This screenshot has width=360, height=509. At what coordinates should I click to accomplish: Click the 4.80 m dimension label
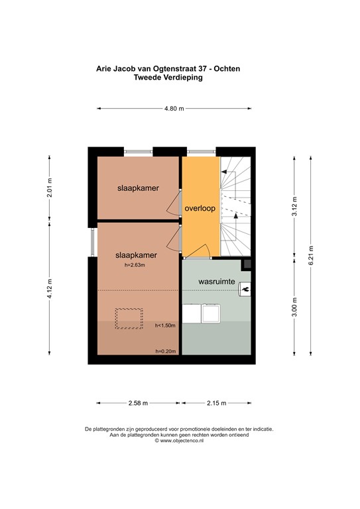174,109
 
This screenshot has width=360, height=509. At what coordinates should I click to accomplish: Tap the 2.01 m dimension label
49,188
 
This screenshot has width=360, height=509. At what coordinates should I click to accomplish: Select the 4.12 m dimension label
49,288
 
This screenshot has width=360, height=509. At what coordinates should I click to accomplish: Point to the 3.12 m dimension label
294,207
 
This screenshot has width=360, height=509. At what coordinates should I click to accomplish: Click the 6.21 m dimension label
311,255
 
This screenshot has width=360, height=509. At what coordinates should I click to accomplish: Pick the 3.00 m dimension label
294,307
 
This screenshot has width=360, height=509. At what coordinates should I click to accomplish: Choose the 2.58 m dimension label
138,403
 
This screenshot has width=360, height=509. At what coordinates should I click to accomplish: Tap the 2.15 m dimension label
217,403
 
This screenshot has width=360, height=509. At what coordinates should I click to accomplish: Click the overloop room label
200,208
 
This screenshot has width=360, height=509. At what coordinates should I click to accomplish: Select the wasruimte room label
217,282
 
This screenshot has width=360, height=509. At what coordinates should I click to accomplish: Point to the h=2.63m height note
135,265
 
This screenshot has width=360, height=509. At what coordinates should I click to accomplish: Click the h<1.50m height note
165,325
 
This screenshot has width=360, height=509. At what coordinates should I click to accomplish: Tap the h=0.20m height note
166,351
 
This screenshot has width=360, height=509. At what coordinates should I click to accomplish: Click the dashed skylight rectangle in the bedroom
129,318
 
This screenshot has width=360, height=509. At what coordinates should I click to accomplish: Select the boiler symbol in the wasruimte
245,289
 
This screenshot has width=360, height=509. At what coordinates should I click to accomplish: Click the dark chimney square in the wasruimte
247,264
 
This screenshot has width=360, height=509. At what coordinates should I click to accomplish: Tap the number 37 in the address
203,69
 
